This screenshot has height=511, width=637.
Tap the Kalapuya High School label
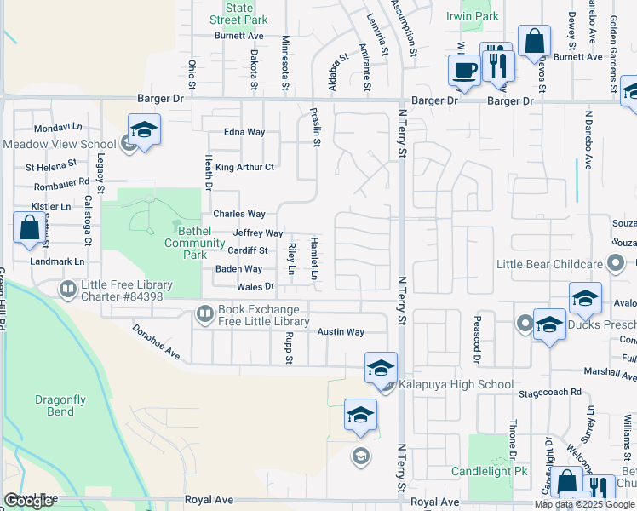point(456,384)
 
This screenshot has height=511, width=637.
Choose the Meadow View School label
point(59,144)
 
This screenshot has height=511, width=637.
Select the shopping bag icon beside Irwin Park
point(535,41)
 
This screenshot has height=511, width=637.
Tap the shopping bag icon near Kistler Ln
point(30,228)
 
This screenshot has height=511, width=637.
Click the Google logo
point(29,501)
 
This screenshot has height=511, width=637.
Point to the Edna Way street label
point(244,132)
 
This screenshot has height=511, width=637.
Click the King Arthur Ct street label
point(244,167)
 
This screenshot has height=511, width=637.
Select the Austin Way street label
point(341,331)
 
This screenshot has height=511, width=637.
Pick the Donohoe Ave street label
point(156,341)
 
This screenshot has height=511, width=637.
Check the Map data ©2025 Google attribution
point(585,504)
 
